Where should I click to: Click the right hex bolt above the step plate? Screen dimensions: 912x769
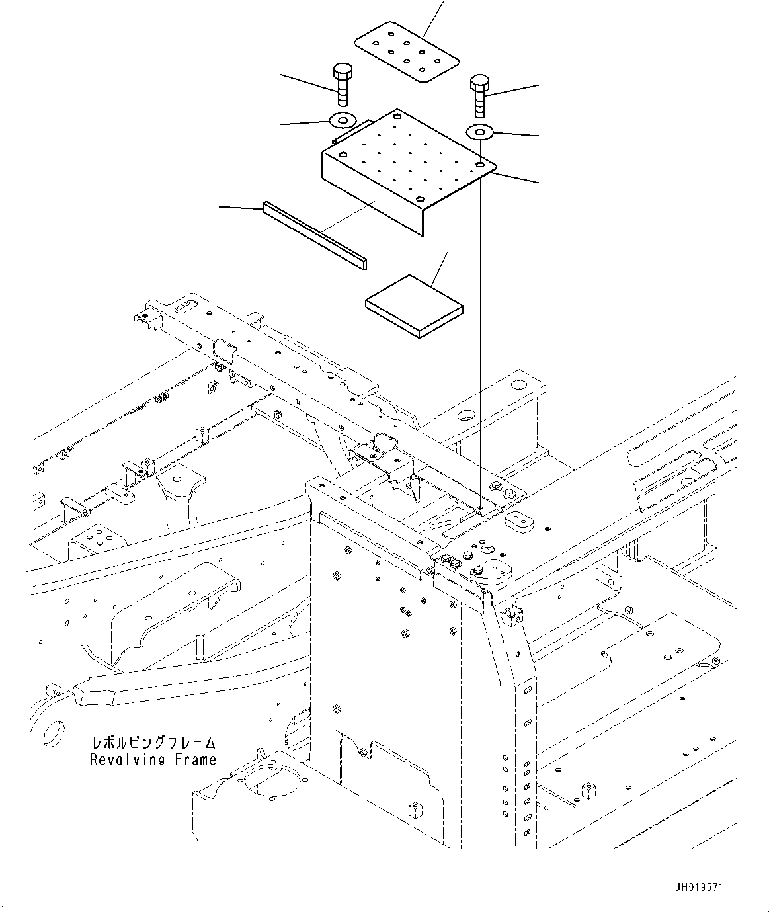[x=479, y=95]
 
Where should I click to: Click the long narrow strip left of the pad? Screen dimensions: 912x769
[x=314, y=235]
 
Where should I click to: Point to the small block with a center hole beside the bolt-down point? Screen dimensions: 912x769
[x=520, y=520]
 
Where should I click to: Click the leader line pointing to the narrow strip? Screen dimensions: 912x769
[x=241, y=208]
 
